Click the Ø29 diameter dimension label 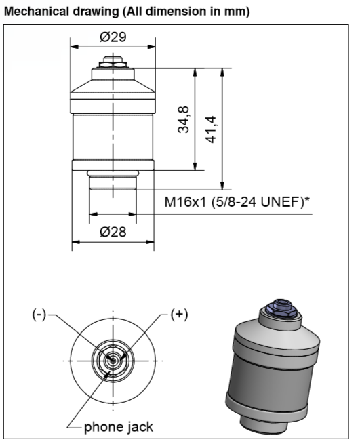click(x=113, y=37)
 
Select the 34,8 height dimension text click(x=184, y=119)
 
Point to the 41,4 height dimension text click(x=211, y=129)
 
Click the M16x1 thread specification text click(x=188, y=202)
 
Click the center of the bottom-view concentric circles click(x=113, y=361)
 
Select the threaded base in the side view click(x=113, y=182)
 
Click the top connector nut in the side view click(x=113, y=62)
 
